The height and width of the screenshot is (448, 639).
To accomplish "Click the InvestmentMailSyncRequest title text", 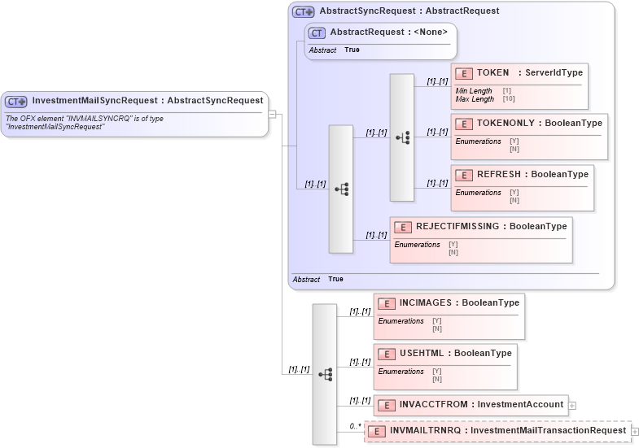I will (x=147, y=101).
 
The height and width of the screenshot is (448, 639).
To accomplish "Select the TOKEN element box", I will (x=519, y=85).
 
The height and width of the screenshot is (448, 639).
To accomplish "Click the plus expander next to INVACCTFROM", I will (x=572, y=405).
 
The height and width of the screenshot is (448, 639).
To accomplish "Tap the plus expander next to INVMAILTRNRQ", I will (x=635, y=431).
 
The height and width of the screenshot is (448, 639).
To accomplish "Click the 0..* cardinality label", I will (x=356, y=425).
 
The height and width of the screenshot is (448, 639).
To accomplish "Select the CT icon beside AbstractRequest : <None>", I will (x=317, y=33).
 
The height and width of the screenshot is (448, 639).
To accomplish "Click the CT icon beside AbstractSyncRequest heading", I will (x=304, y=12).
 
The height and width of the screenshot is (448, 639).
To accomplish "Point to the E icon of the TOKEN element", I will (x=464, y=73).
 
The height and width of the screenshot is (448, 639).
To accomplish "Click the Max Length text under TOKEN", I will (x=475, y=99).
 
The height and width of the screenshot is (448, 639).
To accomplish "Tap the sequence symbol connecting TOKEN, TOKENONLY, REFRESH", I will (x=402, y=137).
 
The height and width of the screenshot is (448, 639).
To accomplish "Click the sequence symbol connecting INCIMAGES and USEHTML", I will (x=325, y=374).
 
